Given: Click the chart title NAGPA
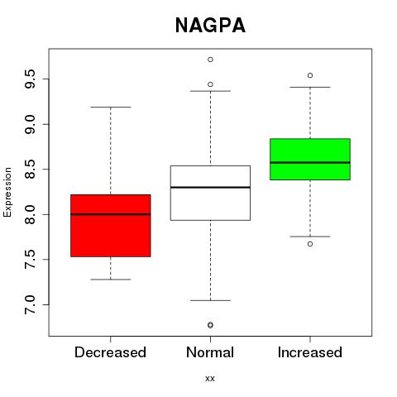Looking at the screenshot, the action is [x=210, y=26].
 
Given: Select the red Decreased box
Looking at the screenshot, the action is [x=111, y=226].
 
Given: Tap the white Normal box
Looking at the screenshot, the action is [x=210, y=193].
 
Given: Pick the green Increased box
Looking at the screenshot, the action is [x=310, y=159].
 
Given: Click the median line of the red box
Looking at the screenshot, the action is [x=111, y=214].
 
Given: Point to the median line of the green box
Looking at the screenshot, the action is [x=310, y=162].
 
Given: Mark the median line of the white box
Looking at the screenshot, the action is [x=210, y=187].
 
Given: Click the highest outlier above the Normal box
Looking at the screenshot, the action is [x=210, y=60].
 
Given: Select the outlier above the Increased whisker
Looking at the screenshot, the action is [x=310, y=75].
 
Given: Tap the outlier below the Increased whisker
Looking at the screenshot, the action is [x=310, y=244].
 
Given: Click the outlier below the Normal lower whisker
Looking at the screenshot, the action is [x=210, y=325].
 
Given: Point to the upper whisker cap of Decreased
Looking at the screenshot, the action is [x=111, y=107].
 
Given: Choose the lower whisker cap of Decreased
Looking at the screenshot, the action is [x=111, y=280].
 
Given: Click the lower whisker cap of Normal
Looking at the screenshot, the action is [x=210, y=300].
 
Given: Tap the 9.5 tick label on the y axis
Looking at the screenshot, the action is [x=30, y=79].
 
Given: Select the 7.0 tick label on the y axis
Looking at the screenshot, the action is [x=30, y=304].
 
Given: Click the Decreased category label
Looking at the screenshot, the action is [x=110, y=352].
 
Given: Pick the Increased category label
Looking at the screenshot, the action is [x=310, y=352].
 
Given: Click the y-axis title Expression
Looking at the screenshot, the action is [x=7, y=192].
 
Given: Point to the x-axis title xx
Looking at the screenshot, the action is [x=210, y=379].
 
